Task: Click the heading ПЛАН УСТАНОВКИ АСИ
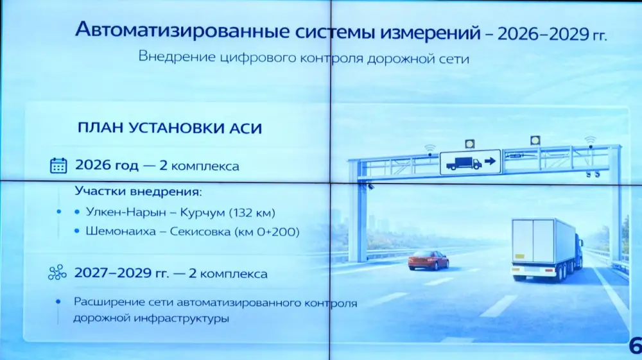click(x=169, y=128)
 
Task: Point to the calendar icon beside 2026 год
click(x=58, y=166)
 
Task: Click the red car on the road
click(x=428, y=259)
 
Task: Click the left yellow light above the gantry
click(x=471, y=142)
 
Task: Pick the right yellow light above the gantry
click(x=535, y=140)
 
